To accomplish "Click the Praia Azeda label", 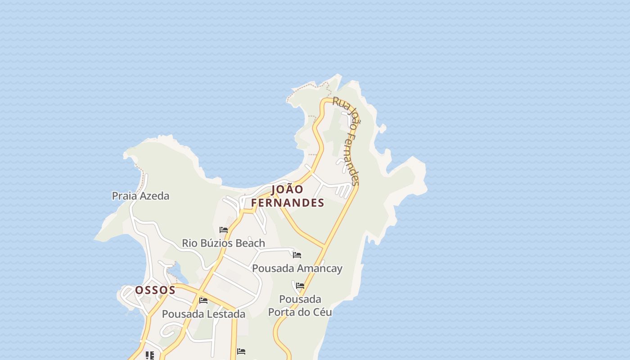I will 140,196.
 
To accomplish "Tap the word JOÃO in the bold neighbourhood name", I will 287,189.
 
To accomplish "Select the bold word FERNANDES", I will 288,203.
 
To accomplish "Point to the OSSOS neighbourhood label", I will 155,290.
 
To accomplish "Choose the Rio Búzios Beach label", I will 223,243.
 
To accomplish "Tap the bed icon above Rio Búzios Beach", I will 224,230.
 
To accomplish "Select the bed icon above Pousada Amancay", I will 297,255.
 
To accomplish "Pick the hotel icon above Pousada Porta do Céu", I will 300,286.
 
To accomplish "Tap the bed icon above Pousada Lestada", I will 203,301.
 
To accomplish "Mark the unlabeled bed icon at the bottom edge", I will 241,351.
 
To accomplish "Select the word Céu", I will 322,312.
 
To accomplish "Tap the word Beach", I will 250,243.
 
